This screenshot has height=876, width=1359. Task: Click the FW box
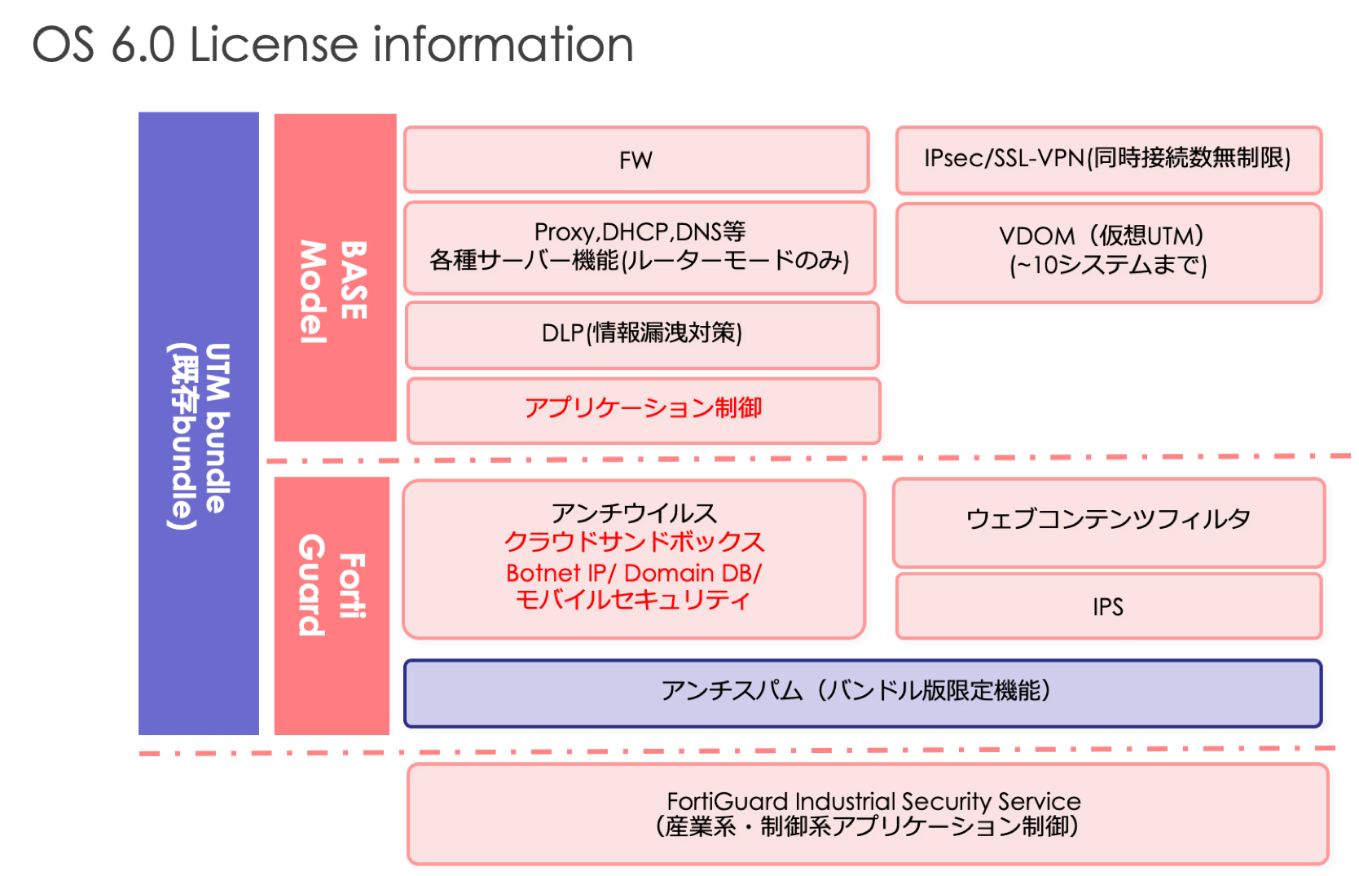[636, 160]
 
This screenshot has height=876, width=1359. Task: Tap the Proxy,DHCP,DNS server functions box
[639, 247]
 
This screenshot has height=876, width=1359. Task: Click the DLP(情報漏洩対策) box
[641, 333]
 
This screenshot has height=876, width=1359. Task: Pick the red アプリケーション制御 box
[643, 407]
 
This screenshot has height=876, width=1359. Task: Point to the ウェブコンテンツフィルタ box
[1107, 520]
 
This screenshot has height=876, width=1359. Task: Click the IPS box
[1107, 607]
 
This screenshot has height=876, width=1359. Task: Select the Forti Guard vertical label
[332, 587]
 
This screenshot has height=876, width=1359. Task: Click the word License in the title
[273, 45]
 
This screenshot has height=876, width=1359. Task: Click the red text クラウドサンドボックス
[634, 542]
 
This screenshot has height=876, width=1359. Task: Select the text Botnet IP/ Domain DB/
[633, 573]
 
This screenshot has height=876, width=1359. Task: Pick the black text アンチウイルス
[634, 513]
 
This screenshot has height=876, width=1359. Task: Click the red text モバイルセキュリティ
[632, 601]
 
